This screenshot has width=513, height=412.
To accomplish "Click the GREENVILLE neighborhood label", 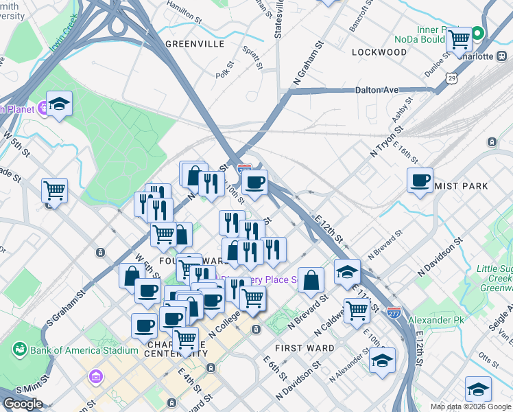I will click(x=195, y=43).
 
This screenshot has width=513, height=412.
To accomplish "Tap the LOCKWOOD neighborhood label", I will click(x=379, y=51).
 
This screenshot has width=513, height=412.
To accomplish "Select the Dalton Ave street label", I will click(x=377, y=90).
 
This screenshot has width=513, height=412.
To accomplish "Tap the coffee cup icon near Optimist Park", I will click(x=420, y=180).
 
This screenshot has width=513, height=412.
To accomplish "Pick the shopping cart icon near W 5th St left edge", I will click(x=54, y=190).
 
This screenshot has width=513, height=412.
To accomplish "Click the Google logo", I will click(x=23, y=404).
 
